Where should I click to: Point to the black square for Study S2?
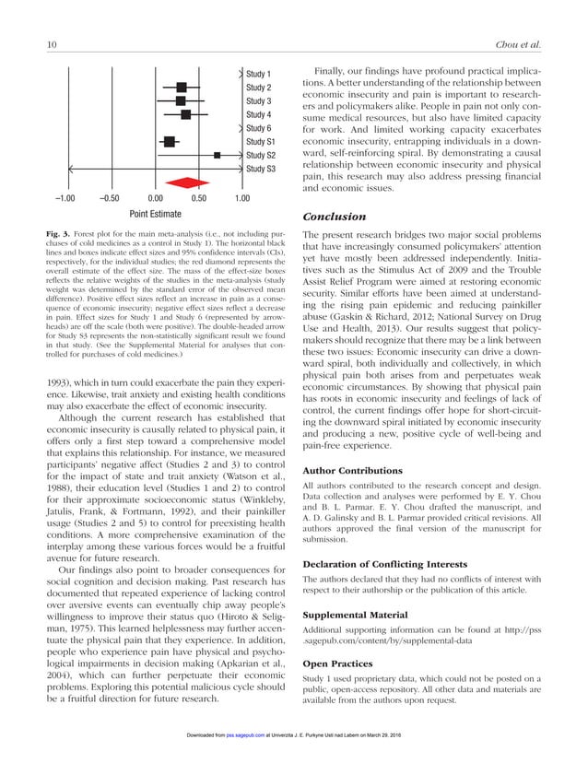click(x=217, y=156)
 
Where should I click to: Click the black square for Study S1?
click(x=170, y=142)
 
